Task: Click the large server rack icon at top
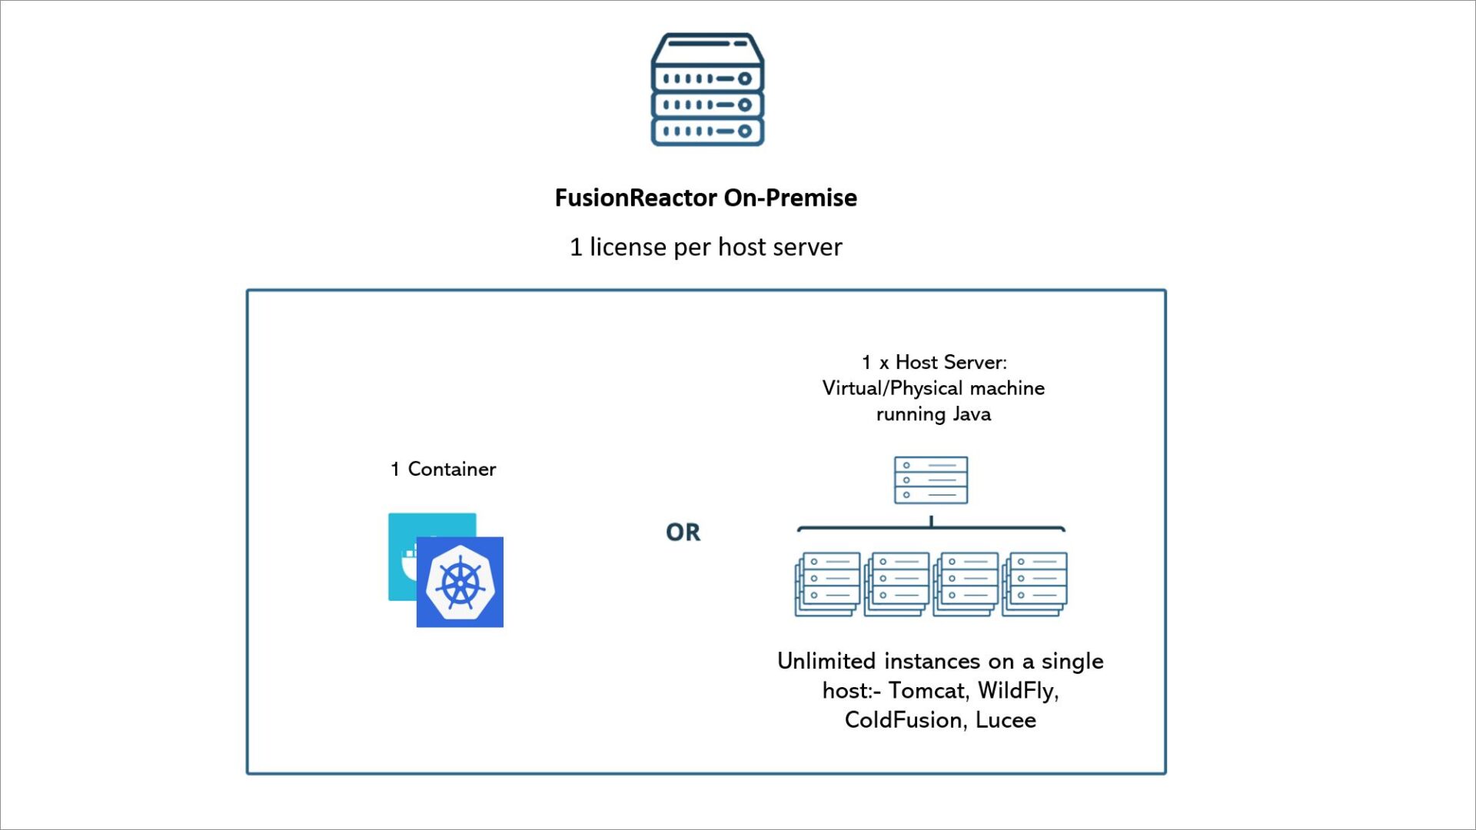[x=707, y=90]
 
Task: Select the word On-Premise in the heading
[x=790, y=198]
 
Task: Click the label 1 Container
[x=443, y=469]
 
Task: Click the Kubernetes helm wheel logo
[x=460, y=583]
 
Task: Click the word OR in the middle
[x=683, y=532]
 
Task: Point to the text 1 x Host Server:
[x=933, y=362]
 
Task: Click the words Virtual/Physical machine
[x=933, y=388]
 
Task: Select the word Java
[x=972, y=414]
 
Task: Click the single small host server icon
[x=931, y=480]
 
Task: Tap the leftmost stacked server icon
[x=828, y=583]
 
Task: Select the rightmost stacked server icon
[x=1036, y=583]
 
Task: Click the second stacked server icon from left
[x=897, y=583]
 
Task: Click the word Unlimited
[x=826, y=661]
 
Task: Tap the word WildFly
[x=1017, y=690]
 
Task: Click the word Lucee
[x=1006, y=720]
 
